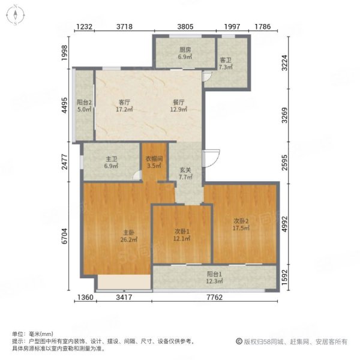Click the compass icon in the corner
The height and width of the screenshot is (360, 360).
pos(15,15)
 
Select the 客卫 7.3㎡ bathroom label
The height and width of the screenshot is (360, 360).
pos(226,64)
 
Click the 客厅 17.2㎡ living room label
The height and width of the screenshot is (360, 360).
pos(124,106)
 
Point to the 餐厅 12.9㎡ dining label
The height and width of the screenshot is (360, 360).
pos(178,106)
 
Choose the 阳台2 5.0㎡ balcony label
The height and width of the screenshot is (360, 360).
pos(84,106)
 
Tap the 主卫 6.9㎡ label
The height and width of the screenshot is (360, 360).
pos(111,163)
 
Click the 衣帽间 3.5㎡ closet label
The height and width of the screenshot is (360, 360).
pos(154,162)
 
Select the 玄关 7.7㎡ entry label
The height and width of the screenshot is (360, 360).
pos(185,173)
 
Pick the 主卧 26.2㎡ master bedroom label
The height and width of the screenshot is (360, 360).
pos(129,236)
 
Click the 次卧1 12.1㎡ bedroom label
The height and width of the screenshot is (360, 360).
pos(182,235)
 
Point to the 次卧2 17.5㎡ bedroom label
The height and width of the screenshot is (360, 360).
pos(241,224)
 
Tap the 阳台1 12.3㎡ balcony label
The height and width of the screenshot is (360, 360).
pos(214,277)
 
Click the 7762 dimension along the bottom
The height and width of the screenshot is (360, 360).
pos(215,298)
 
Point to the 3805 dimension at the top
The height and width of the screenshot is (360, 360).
pos(185,26)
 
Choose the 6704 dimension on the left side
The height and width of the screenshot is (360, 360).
pos(65,236)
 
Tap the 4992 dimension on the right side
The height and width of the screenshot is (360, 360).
pos(284,224)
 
